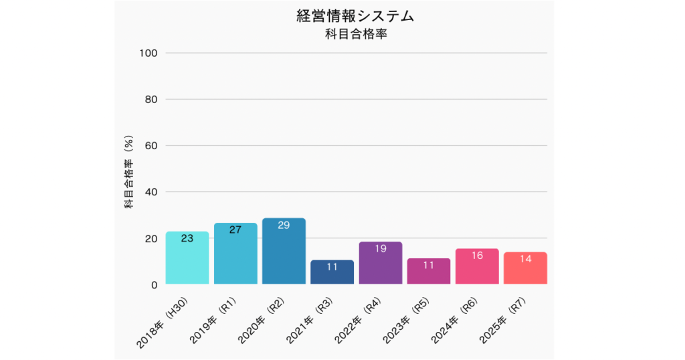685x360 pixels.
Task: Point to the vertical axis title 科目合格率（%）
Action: point(129,173)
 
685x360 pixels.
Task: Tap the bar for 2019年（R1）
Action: point(235,254)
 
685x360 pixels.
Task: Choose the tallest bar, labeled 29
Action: point(284,252)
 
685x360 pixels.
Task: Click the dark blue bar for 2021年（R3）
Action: point(332,272)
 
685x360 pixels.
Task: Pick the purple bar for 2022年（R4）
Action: point(380,264)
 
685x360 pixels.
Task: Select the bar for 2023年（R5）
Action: point(429,272)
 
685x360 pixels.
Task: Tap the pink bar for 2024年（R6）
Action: point(477,267)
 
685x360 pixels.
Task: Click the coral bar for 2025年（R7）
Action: point(525,268)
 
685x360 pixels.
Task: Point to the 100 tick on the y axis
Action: point(148,53)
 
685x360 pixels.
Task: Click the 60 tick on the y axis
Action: point(151,146)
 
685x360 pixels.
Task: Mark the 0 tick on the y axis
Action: point(154,284)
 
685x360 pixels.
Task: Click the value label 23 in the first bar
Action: point(187,238)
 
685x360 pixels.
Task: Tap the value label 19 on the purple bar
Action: point(380,249)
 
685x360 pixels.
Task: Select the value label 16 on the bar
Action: point(477,256)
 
